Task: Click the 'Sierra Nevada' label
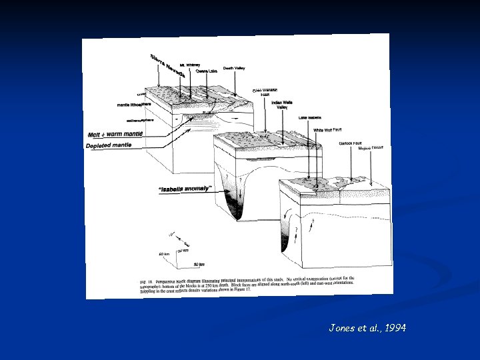pyautogui.click(x=167, y=64)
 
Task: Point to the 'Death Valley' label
pyautogui.click(x=234, y=68)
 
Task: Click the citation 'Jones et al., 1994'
pyautogui.click(x=367, y=327)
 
